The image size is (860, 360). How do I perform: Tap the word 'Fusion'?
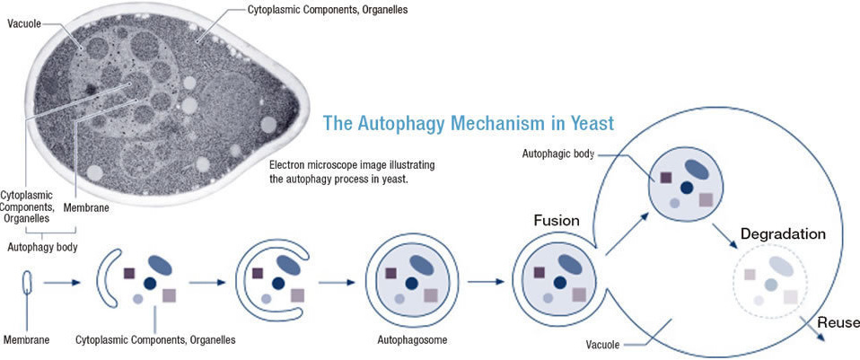point(557,220)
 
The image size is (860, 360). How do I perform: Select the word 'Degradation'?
point(783,234)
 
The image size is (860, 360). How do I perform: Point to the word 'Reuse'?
point(838,322)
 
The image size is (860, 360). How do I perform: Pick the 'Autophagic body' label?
point(558,154)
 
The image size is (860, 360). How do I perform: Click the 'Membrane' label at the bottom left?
point(27,340)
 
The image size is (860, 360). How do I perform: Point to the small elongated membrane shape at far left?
point(28,283)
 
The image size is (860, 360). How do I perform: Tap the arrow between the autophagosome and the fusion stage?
point(486,282)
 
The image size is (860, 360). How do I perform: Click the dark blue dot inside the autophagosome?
point(412,284)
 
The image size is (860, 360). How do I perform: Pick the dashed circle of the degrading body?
point(770,282)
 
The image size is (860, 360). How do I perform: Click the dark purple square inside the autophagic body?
point(665,177)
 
